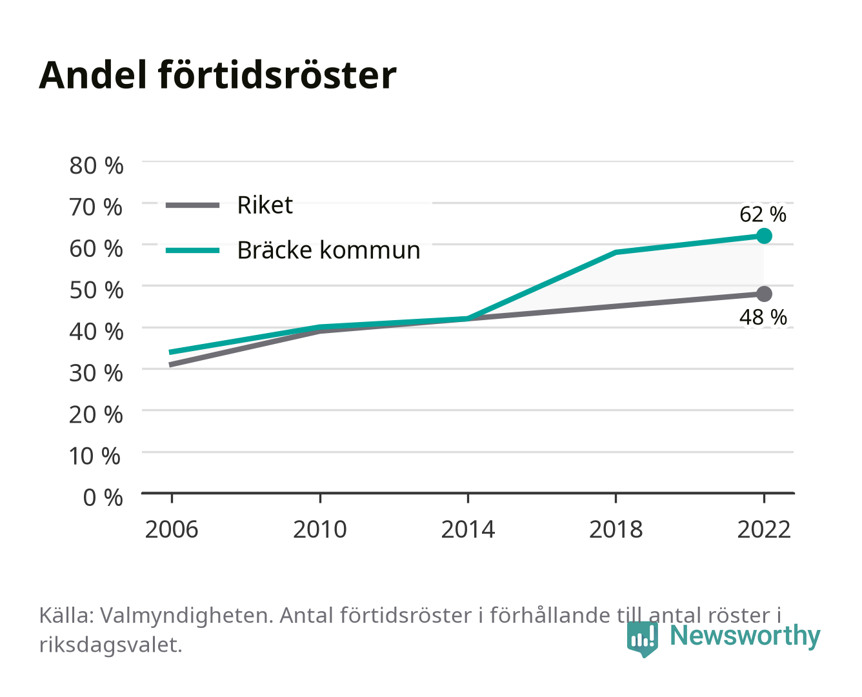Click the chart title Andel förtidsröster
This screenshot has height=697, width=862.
click(217, 75)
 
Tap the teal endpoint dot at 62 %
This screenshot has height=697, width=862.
click(764, 236)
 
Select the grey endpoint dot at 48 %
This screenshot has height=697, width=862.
click(764, 294)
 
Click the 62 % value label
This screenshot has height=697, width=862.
click(763, 214)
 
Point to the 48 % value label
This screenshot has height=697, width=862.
click(763, 317)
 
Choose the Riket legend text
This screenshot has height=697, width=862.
click(265, 205)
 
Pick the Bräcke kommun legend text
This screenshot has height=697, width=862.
click(328, 250)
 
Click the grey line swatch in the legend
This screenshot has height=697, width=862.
click(193, 206)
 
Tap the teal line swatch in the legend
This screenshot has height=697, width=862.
click(193, 250)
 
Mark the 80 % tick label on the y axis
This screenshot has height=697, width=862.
click(96, 166)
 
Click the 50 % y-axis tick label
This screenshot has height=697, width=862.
click(96, 290)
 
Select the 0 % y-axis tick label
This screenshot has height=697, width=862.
click(103, 498)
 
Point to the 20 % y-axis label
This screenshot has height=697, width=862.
click(96, 415)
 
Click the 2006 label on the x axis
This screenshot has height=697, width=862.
click(172, 529)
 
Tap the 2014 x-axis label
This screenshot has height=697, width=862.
click(468, 529)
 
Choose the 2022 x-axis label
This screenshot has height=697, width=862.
click(764, 529)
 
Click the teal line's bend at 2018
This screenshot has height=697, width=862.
click(616, 252)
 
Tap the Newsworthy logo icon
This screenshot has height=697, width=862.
click(642, 639)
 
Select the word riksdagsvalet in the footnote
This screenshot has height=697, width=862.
click(110, 645)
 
